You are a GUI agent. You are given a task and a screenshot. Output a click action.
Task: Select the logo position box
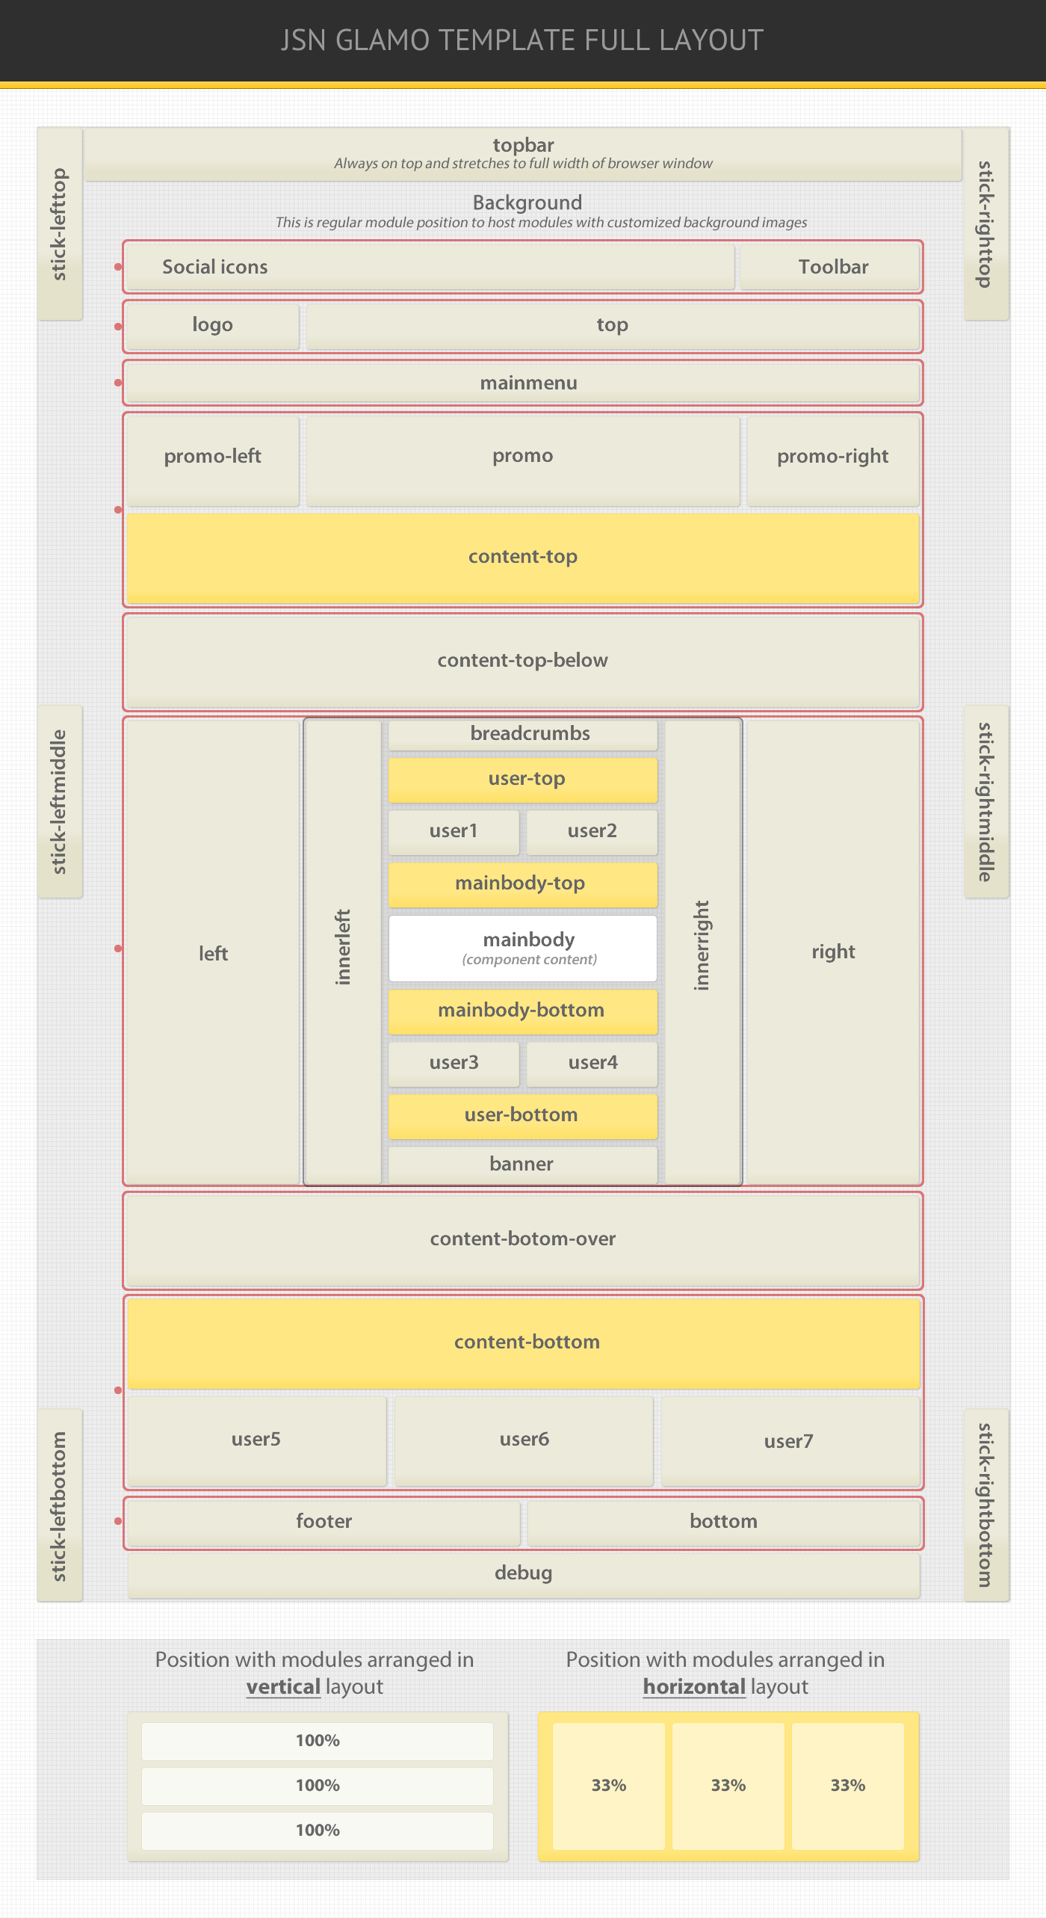(x=213, y=325)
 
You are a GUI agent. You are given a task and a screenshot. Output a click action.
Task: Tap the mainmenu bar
(x=523, y=383)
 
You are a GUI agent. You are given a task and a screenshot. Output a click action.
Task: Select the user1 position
(x=454, y=831)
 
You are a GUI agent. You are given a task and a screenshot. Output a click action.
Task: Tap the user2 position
(x=592, y=831)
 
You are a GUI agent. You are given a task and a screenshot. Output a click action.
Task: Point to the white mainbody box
(x=523, y=948)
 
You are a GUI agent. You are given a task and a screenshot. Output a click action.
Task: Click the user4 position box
(x=592, y=1063)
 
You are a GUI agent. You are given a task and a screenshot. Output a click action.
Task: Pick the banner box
(x=523, y=1164)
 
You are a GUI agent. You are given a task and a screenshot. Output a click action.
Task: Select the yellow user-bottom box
(x=523, y=1115)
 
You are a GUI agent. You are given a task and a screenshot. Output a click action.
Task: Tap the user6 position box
(x=524, y=1440)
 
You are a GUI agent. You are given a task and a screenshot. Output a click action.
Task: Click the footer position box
(x=324, y=1522)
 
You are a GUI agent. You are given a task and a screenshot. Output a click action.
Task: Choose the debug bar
(x=523, y=1573)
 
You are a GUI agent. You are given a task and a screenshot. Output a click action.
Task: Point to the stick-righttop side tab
(x=986, y=223)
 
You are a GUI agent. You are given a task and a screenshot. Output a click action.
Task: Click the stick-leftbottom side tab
(x=60, y=1505)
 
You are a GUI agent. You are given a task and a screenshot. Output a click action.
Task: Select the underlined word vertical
(x=283, y=1687)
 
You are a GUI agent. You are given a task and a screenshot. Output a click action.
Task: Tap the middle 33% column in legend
(x=728, y=1785)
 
